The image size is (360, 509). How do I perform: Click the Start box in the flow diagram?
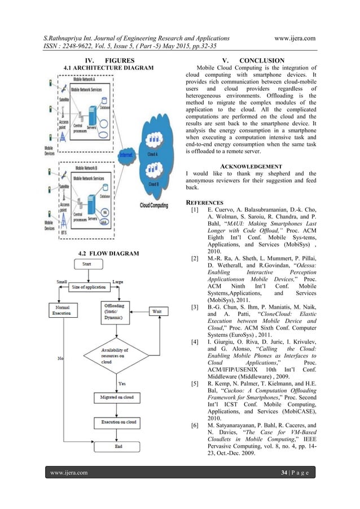coord(88,264)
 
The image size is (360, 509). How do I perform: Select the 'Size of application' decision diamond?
coord(89,288)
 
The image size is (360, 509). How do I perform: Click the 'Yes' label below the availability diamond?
coord(121,384)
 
